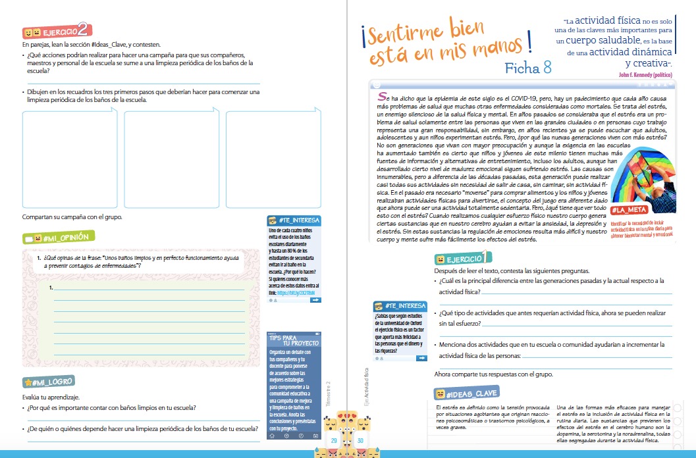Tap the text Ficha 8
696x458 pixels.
(x=528, y=68)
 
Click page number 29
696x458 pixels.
(x=334, y=440)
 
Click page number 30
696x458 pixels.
(x=360, y=440)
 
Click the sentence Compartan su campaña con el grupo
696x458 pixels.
(x=72, y=217)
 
